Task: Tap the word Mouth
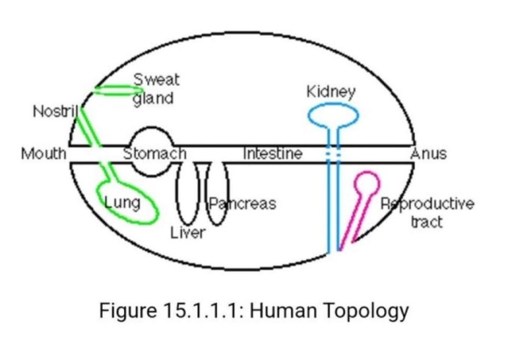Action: pos(43,153)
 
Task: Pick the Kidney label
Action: pos(331,92)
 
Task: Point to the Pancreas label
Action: pos(243,203)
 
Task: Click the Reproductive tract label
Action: pos(427,211)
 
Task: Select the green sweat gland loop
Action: pos(116,91)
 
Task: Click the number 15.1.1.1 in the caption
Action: pos(200,311)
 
